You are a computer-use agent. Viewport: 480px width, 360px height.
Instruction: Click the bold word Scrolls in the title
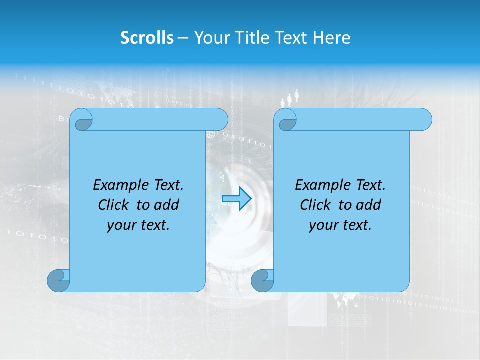click(147, 38)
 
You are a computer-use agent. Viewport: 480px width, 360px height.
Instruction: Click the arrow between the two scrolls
click(236, 199)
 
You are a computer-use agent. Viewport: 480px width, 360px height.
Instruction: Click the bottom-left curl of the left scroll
click(58, 280)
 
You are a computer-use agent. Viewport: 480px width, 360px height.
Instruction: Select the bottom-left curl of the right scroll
click(262, 280)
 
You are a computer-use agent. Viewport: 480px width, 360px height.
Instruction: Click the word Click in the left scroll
click(113, 205)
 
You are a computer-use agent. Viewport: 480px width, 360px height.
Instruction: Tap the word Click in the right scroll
click(315, 205)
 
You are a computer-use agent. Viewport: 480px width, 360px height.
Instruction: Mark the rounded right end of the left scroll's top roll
click(220, 120)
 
